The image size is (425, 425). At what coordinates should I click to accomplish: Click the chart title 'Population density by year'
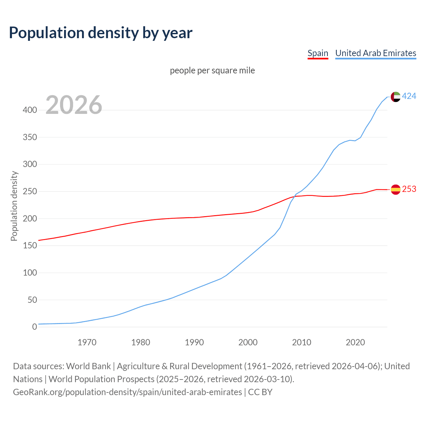pyautogui.click(x=101, y=33)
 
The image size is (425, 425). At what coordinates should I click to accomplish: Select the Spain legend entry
pyautogui.click(x=318, y=53)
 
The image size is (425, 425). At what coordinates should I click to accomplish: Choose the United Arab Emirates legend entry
pyautogui.click(x=376, y=53)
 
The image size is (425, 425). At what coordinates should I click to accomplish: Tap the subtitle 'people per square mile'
pyautogui.click(x=212, y=71)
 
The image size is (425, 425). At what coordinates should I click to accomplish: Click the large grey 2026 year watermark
pyautogui.click(x=74, y=105)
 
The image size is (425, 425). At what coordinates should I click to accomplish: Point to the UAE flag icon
pyautogui.click(x=395, y=97)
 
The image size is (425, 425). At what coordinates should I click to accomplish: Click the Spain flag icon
pyautogui.click(x=395, y=190)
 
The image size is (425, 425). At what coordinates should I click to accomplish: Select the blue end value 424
pyautogui.click(x=409, y=96)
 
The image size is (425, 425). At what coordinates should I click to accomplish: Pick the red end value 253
pyautogui.click(x=409, y=189)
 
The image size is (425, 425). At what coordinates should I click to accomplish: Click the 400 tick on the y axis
pyautogui.click(x=30, y=110)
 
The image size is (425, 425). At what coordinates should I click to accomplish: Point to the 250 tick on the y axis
pyautogui.click(x=30, y=192)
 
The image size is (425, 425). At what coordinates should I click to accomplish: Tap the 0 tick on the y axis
pyautogui.click(x=35, y=327)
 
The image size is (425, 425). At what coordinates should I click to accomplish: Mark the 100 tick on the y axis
pyautogui.click(x=30, y=273)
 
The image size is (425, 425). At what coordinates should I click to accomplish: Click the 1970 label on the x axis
pyautogui.click(x=87, y=342)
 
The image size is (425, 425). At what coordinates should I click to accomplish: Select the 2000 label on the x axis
pyautogui.click(x=248, y=342)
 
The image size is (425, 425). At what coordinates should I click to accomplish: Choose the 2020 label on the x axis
pyautogui.click(x=355, y=342)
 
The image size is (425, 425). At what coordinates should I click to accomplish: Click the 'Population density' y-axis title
pyautogui.click(x=14, y=206)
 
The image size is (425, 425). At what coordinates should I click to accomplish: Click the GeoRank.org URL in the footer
pyautogui.click(x=127, y=392)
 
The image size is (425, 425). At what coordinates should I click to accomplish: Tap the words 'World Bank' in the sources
pyautogui.click(x=88, y=366)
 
